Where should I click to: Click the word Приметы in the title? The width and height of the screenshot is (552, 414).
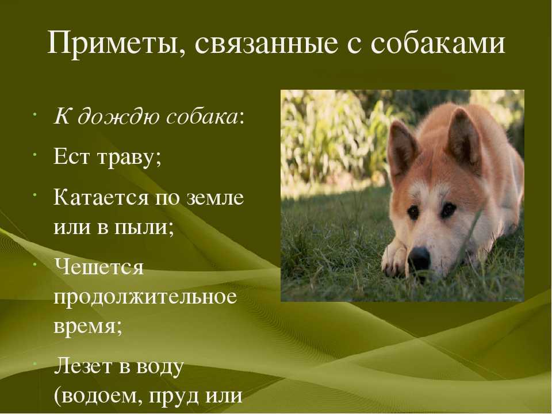tap(112, 43)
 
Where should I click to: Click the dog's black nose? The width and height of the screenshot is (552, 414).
tap(419, 258)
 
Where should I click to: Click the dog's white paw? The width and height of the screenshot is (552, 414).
tap(394, 259)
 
